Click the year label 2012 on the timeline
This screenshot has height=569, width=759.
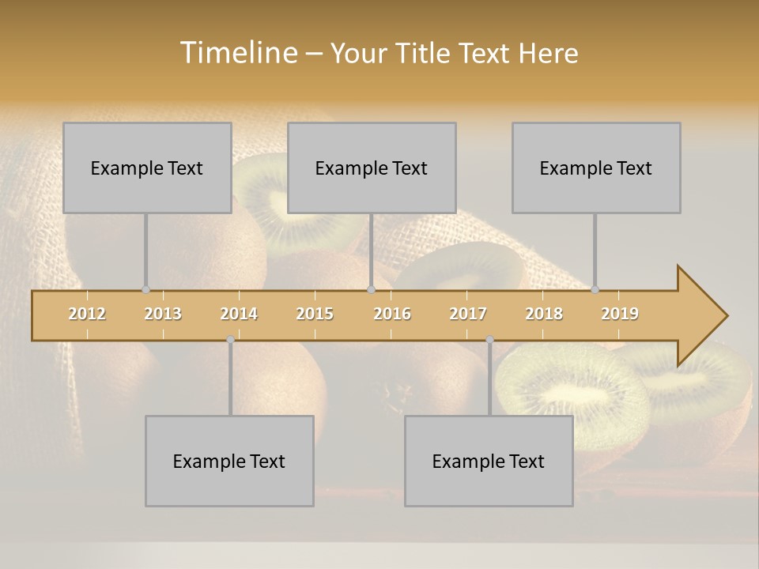tap(87, 314)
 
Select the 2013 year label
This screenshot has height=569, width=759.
tap(163, 314)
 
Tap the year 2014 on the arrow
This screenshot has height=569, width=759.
tap(239, 314)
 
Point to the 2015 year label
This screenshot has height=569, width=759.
tap(315, 314)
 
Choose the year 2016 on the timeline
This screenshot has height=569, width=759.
tap(392, 314)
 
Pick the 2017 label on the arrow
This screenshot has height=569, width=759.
tap(468, 314)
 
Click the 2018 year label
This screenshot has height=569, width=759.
tap(544, 314)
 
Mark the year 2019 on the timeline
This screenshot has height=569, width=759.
tap(620, 314)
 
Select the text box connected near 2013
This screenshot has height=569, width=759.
tap(147, 168)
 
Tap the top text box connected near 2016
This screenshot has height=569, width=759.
tap(372, 168)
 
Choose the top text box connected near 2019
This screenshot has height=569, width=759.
tap(596, 168)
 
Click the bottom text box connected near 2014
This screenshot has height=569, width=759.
tap(229, 461)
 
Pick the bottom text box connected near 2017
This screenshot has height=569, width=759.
tap(489, 461)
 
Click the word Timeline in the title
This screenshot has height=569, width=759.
tap(237, 52)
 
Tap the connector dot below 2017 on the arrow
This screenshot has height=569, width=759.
tap(489, 340)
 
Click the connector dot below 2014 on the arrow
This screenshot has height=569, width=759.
tap(230, 340)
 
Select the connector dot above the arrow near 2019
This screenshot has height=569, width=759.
tap(595, 289)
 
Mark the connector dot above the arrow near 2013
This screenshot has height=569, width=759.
tap(146, 289)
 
